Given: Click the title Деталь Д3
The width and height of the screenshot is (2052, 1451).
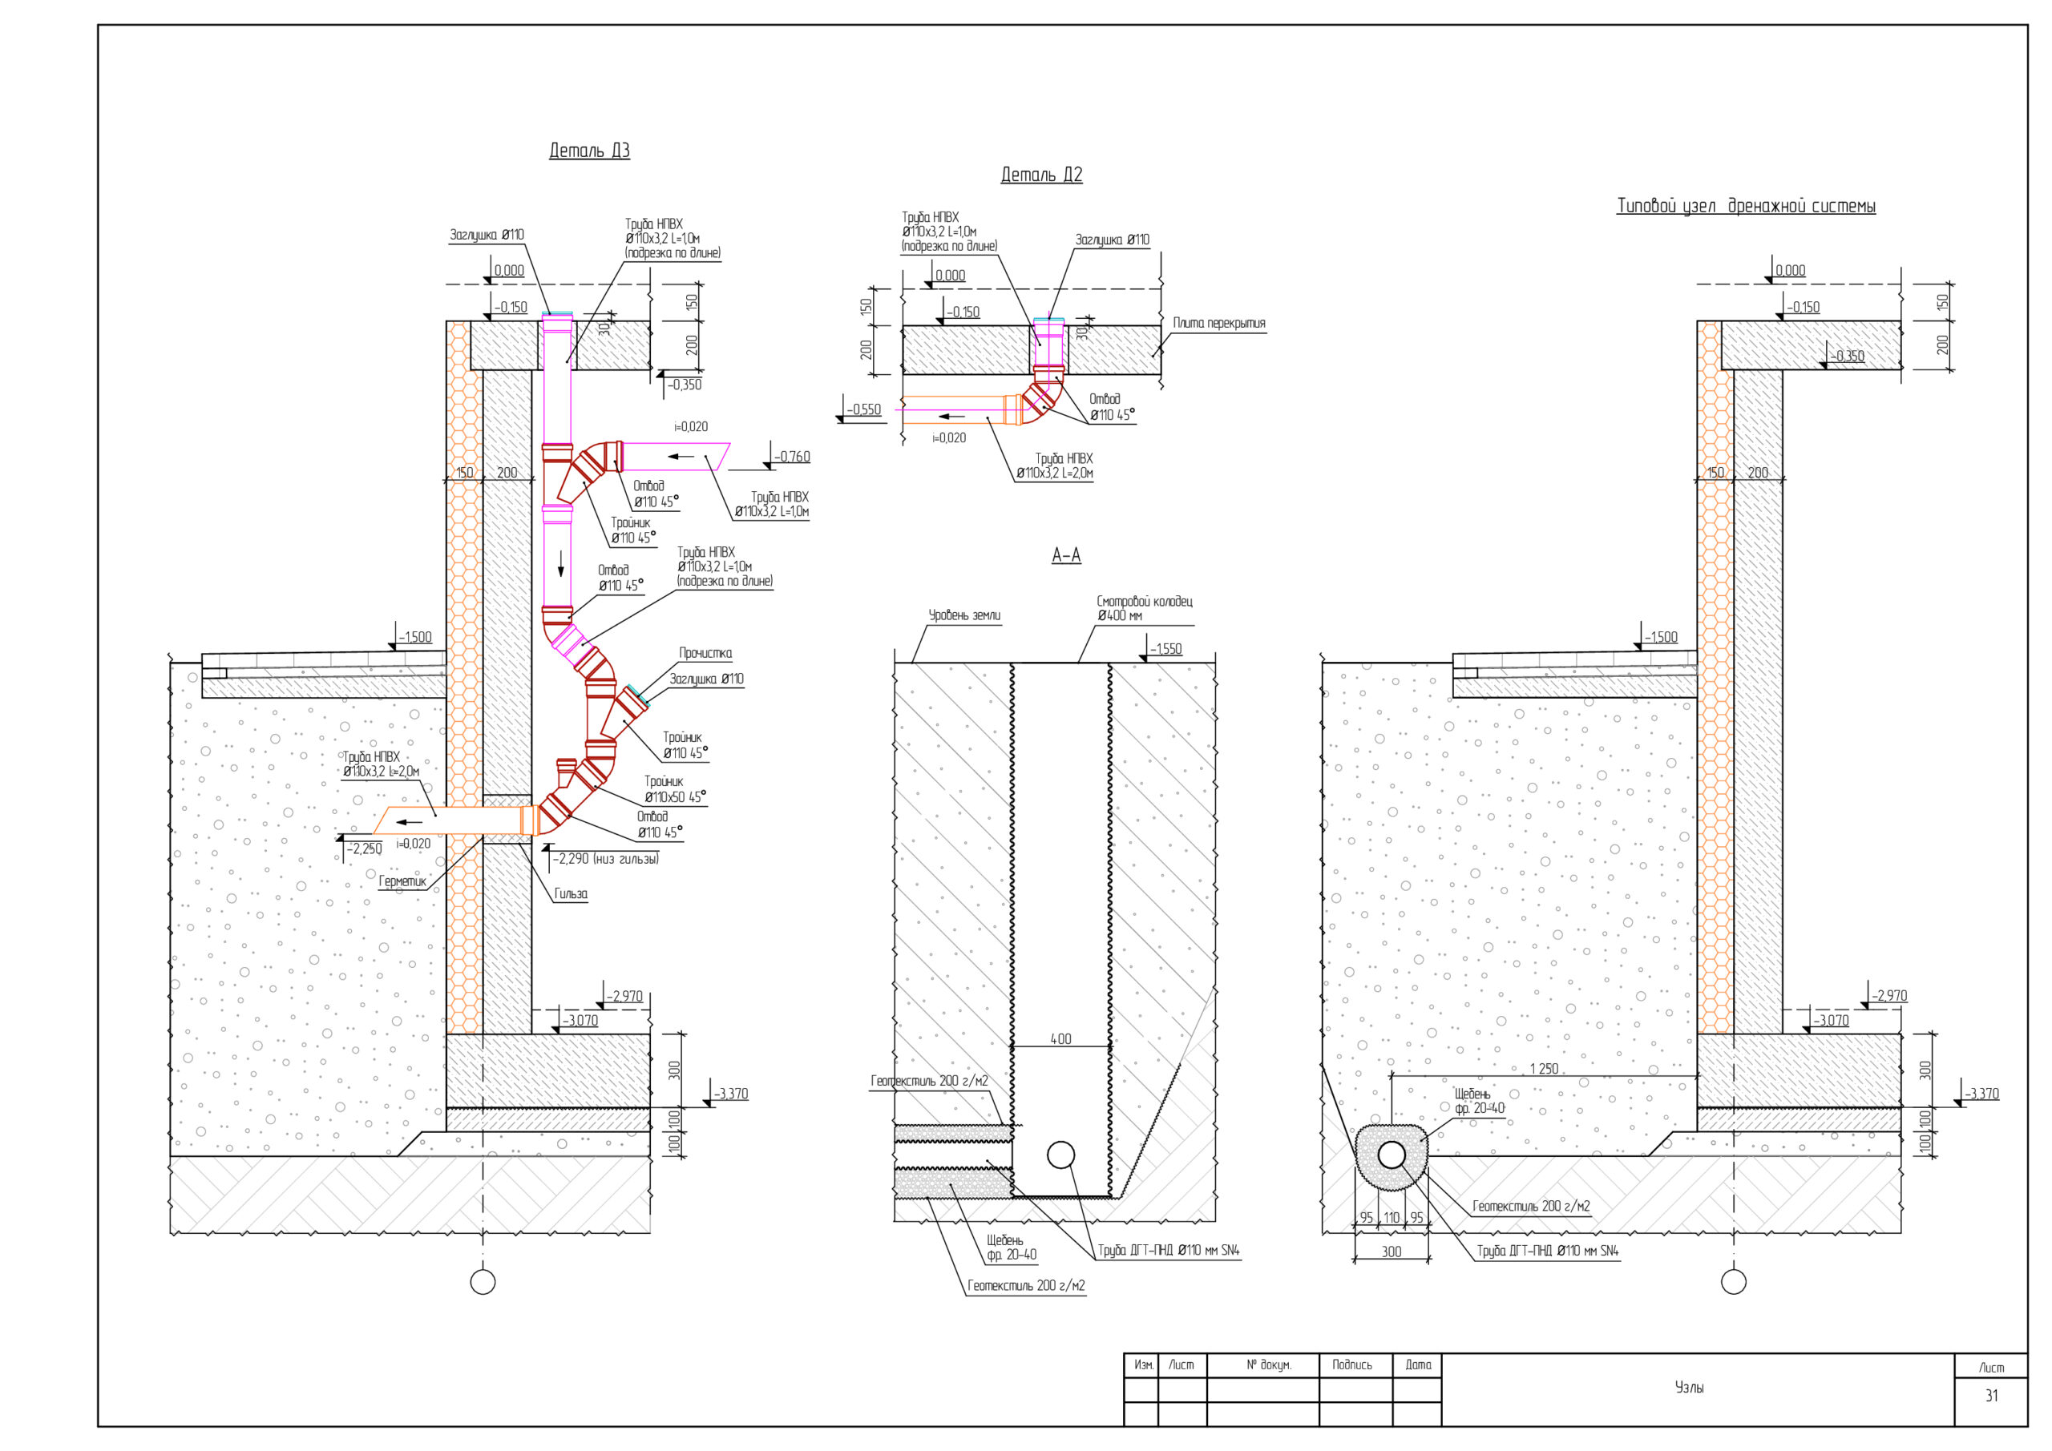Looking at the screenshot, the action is (x=589, y=150).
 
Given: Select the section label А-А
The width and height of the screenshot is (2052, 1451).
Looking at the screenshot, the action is (x=1066, y=555).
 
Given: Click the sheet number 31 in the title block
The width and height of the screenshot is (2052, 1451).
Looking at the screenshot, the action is (x=1991, y=1395).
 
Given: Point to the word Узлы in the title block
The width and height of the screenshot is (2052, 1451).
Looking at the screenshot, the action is (x=1689, y=1388).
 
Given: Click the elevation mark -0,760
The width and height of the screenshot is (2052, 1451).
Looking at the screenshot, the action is (x=792, y=457).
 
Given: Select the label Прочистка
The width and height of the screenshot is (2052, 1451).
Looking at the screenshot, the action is (x=705, y=653).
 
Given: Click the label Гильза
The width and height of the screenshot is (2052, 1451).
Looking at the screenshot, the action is (x=571, y=893).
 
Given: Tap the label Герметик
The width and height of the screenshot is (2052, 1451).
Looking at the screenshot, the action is (x=402, y=881).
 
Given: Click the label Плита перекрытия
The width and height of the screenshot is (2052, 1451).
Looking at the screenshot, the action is (x=1219, y=323).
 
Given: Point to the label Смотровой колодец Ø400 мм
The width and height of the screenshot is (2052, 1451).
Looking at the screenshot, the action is (x=1144, y=608).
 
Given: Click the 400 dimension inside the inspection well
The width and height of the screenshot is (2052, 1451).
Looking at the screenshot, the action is (x=1060, y=1039).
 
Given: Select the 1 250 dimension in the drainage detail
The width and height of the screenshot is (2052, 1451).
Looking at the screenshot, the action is (x=1544, y=1069).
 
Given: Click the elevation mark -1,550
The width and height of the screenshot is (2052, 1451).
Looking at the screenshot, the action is (x=1165, y=649).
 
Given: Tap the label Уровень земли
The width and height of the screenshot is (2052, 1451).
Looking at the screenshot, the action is (x=964, y=615).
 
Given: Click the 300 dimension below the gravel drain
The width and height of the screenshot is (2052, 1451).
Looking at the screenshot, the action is (x=1392, y=1251).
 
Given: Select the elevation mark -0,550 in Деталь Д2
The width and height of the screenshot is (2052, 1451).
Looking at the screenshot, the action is (x=863, y=409).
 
